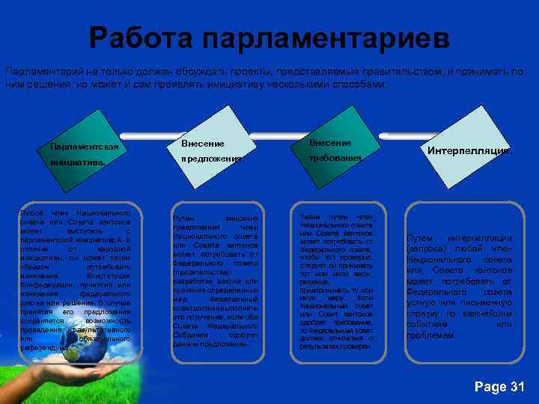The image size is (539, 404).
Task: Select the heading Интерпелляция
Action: (x=470, y=150)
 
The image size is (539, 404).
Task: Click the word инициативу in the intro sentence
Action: (x=241, y=85)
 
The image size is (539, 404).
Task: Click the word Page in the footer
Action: (x=490, y=387)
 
